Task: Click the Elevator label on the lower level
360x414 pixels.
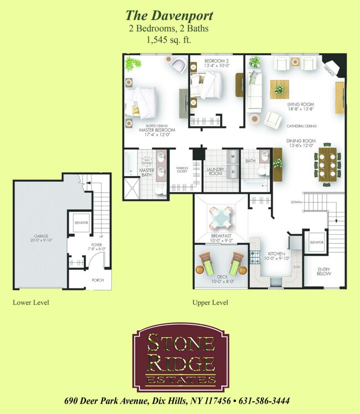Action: [81, 222]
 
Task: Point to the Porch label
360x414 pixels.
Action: [97, 280]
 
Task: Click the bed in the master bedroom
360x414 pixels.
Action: [144, 101]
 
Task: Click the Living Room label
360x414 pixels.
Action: [301, 107]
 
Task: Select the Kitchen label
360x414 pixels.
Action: [276, 256]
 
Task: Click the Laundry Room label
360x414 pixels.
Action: [215, 171]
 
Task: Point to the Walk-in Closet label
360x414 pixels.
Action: [183, 169]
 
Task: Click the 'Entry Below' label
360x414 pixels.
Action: [324, 271]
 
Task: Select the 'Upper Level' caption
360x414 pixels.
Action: [210, 303]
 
